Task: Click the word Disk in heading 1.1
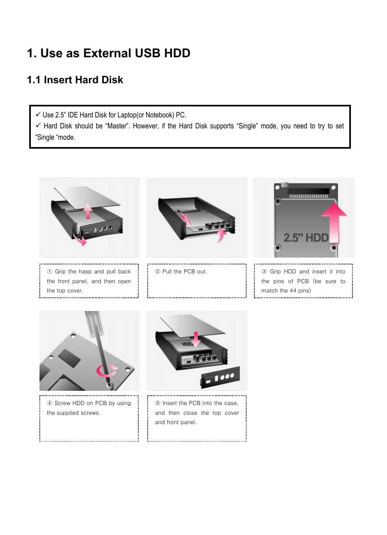(x=112, y=80)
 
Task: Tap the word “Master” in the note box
(x=117, y=126)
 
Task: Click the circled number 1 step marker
(x=49, y=271)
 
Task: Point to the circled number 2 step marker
(x=158, y=271)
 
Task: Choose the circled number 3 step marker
(x=264, y=271)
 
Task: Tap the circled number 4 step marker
(x=49, y=403)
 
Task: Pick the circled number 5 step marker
(x=158, y=403)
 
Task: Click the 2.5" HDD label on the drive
(x=306, y=238)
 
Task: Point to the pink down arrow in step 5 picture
(x=196, y=339)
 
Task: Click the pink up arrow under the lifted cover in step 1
(x=88, y=211)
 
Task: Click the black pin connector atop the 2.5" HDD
(x=309, y=191)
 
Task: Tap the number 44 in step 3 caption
(x=293, y=291)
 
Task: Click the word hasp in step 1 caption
(x=85, y=272)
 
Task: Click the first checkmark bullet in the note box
(x=38, y=115)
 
